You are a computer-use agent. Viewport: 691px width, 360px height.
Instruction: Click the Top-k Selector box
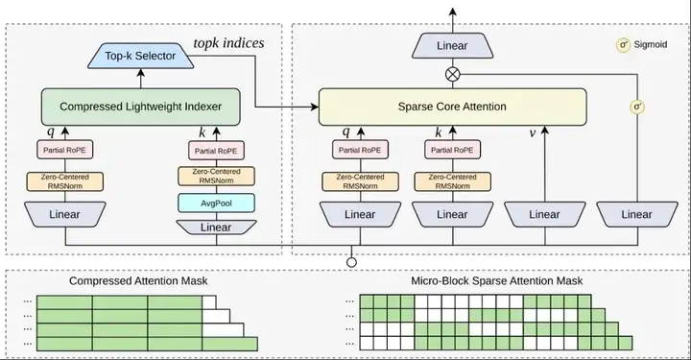tap(140, 56)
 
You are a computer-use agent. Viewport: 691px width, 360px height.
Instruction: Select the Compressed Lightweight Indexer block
tap(140, 107)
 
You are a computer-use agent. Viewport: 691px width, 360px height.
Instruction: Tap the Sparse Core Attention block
tap(453, 107)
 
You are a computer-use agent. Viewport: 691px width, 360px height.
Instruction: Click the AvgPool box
tap(216, 204)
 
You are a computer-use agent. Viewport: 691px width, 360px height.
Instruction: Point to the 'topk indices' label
tap(228, 43)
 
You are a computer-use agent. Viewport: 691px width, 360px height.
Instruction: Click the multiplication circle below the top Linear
tap(453, 74)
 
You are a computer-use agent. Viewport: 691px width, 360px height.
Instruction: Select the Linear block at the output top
tap(453, 46)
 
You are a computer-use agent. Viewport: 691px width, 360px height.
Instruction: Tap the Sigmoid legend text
tap(651, 44)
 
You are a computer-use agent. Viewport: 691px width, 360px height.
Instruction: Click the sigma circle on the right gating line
tap(637, 107)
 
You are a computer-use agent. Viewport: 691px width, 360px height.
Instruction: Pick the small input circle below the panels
tap(351, 263)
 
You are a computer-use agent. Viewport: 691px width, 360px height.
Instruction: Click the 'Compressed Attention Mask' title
tap(138, 280)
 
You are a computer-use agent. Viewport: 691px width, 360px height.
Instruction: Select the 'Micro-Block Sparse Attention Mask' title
tap(497, 280)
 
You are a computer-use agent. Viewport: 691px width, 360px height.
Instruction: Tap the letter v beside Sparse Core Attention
tap(533, 132)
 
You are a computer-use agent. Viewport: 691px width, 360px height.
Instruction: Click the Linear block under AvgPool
tap(216, 227)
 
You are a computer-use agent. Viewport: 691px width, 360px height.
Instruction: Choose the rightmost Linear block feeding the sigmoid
tap(637, 215)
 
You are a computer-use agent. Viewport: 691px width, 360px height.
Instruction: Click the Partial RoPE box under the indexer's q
tap(65, 150)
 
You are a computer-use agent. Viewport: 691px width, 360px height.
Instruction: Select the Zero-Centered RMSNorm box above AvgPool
tap(216, 176)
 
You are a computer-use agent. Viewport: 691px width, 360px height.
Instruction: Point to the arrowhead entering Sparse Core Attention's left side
tap(315, 107)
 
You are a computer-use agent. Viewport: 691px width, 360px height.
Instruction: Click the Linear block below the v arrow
tap(545, 215)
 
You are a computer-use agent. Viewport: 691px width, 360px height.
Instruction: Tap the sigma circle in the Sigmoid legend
tap(624, 45)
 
